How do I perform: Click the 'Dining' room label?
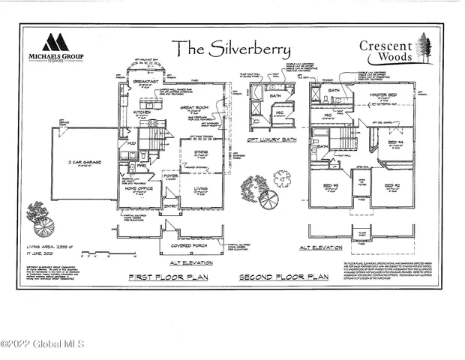pos(201,152)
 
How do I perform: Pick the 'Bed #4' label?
pos(395,142)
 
